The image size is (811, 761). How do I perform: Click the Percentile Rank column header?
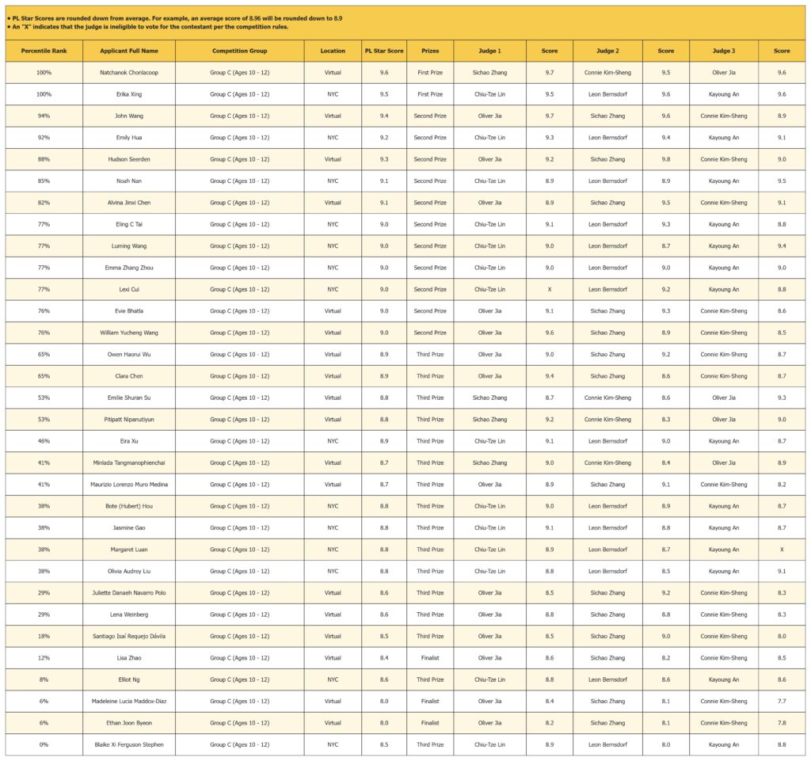pyautogui.click(x=44, y=51)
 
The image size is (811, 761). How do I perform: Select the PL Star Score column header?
pyautogui.click(x=383, y=51)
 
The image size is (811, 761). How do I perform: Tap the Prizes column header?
pyautogui.click(x=430, y=51)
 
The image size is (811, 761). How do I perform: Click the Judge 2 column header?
pyautogui.click(x=607, y=51)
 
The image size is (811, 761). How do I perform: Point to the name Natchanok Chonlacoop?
pyautogui.click(x=129, y=73)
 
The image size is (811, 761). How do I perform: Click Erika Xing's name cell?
pyautogui.click(x=129, y=94)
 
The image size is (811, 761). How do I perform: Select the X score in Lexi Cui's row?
pyautogui.click(x=549, y=290)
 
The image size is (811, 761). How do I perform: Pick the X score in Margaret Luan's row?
pyautogui.click(x=782, y=550)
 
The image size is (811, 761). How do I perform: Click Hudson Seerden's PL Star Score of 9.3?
pyautogui.click(x=383, y=159)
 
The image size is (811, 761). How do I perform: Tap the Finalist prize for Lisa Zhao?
pyautogui.click(x=430, y=658)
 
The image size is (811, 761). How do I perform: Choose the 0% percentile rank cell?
pyautogui.click(x=44, y=744)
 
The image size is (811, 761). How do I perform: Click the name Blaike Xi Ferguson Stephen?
pyautogui.click(x=129, y=744)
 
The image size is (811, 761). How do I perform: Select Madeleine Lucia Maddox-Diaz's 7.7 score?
pyautogui.click(x=782, y=701)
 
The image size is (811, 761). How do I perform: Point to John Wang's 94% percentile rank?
pyautogui.click(x=44, y=116)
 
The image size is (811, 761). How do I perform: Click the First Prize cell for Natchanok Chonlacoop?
pyautogui.click(x=430, y=73)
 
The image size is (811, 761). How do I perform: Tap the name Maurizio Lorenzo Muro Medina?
pyautogui.click(x=129, y=485)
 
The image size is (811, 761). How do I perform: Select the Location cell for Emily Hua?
pyautogui.click(x=333, y=138)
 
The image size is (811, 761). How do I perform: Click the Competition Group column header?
pyautogui.click(x=239, y=51)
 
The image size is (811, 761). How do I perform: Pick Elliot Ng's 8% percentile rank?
pyautogui.click(x=44, y=679)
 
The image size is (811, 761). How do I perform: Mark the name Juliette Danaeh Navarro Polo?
pyautogui.click(x=129, y=593)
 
